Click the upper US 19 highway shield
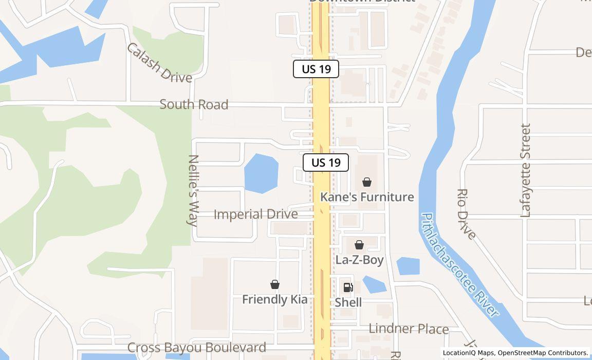coord(316,69)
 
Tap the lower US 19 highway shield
coord(326,163)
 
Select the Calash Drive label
coord(159,63)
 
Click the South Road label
coord(194,104)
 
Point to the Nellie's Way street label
coord(193,190)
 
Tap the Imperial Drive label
coord(255,214)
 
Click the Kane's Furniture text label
coord(367,197)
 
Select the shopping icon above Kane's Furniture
coord(367,182)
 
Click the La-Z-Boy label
coord(359,260)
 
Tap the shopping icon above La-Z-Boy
coord(359,244)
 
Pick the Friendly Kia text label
coord(274,299)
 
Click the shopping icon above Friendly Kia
coord(275,284)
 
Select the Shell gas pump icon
coord(348,287)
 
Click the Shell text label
coord(348,302)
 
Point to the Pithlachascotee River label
coord(459,264)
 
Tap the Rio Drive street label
coord(466,213)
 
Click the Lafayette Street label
coord(525,170)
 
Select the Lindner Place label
coord(409,329)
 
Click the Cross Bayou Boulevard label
coord(196,348)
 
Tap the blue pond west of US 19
coord(261,173)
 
